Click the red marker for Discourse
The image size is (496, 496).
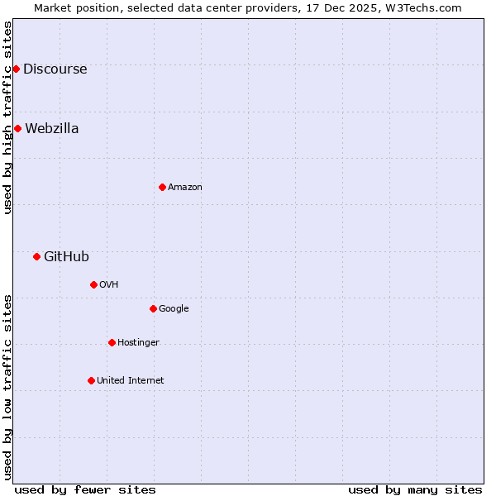(x=16, y=69)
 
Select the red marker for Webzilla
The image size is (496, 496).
(x=17, y=128)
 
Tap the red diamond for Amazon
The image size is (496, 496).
(x=162, y=187)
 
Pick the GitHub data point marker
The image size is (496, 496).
(x=36, y=256)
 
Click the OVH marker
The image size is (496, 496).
(x=93, y=284)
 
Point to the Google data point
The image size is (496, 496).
(x=153, y=308)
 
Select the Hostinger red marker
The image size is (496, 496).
(x=112, y=342)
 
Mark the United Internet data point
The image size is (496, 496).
(x=91, y=380)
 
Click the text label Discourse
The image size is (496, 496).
(x=55, y=69)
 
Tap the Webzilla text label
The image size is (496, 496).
(x=52, y=128)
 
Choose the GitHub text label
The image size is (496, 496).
(x=66, y=256)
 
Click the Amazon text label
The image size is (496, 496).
(x=185, y=188)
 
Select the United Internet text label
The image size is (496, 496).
(x=131, y=380)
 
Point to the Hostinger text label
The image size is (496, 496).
(x=138, y=342)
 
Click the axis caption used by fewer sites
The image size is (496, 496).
(x=85, y=489)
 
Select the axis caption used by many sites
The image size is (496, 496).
(x=415, y=489)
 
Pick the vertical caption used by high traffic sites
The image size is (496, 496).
(x=7, y=117)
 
